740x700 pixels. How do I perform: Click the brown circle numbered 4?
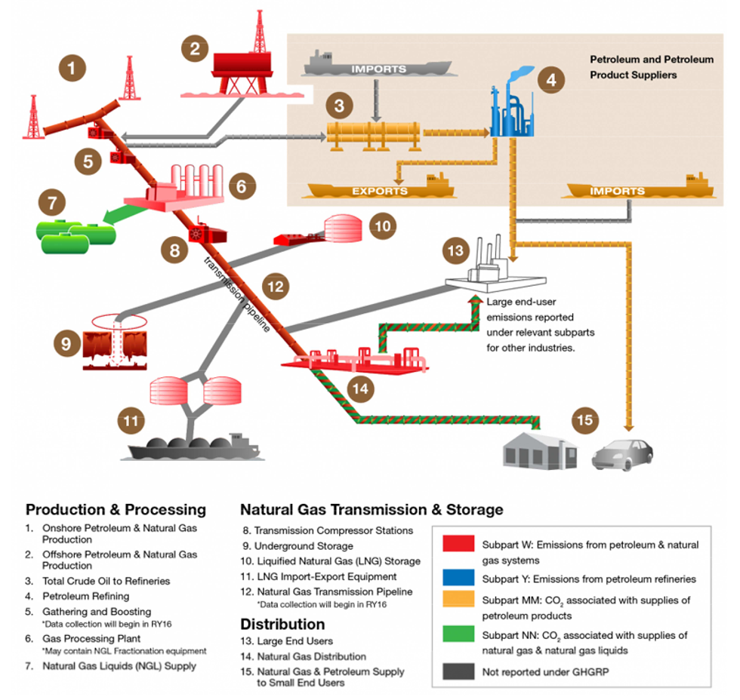[551, 78]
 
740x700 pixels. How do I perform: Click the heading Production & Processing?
[116, 510]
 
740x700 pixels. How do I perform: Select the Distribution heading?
[282, 624]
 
